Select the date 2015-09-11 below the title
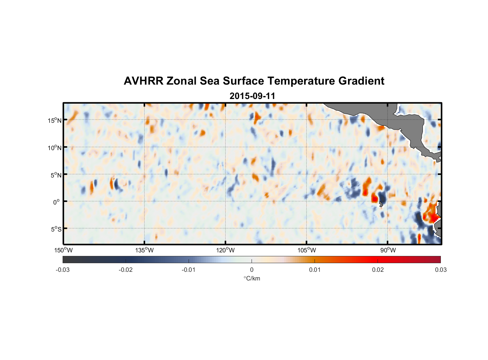(252, 96)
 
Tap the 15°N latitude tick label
(54, 120)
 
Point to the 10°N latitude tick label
(54, 148)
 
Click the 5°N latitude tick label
(55, 175)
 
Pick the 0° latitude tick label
(57, 202)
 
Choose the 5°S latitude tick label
(55, 229)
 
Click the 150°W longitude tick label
(64, 250)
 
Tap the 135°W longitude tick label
(145, 250)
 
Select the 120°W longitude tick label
(226, 250)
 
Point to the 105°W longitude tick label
(307, 250)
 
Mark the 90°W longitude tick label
(388, 250)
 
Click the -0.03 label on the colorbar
(63, 270)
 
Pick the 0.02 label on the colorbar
(378, 270)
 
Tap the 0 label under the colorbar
(252, 270)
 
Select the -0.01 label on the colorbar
(189, 270)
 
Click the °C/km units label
(252, 278)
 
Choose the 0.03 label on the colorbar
(440, 270)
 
